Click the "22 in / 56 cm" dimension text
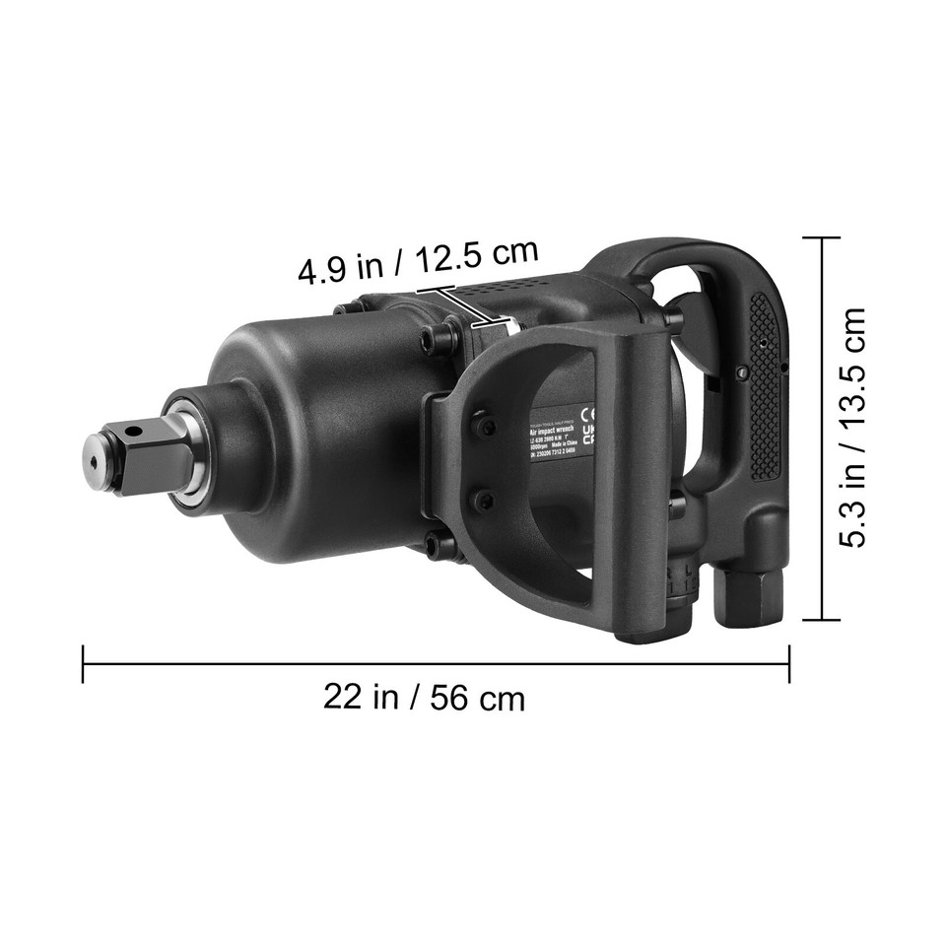424,698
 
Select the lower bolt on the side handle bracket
483,500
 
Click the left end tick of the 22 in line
83,664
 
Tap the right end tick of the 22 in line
789,664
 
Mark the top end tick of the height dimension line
821,237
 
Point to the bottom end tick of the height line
821,620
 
